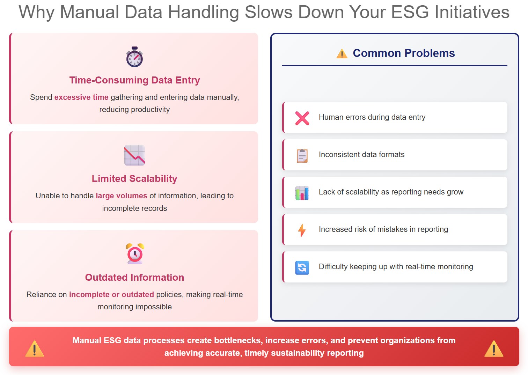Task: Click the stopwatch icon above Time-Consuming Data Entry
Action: click(x=134, y=57)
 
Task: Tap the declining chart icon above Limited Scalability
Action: click(x=134, y=155)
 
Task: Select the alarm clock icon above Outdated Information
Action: click(x=134, y=253)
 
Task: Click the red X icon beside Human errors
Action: click(x=302, y=118)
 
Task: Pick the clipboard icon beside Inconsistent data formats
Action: click(x=302, y=155)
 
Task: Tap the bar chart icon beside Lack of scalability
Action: click(x=302, y=193)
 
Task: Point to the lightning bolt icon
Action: click(x=302, y=230)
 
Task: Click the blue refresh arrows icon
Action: click(x=302, y=267)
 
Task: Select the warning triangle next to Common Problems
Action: click(x=342, y=53)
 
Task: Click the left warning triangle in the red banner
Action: click(x=35, y=348)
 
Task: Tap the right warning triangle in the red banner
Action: click(x=493, y=348)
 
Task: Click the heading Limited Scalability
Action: click(x=134, y=179)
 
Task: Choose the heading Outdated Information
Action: click(x=134, y=278)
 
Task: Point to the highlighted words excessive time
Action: click(x=81, y=97)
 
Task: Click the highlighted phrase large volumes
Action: click(x=122, y=196)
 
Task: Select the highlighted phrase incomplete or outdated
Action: click(x=111, y=294)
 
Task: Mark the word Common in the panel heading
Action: click(x=377, y=53)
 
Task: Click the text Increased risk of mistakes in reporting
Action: click(x=383, y=229)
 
